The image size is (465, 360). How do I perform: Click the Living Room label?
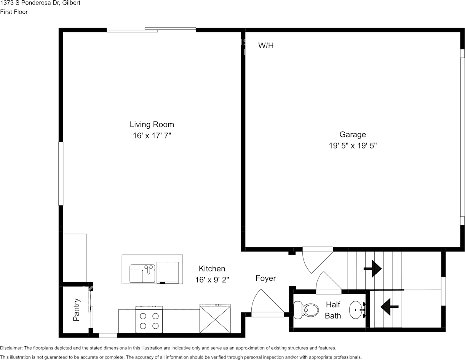pyautogui.click(x=152, y=124)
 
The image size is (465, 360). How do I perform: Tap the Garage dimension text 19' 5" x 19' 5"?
pyautogui.click(x=353, y=146)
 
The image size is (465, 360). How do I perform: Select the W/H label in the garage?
pyautogui.click(x=266, y=46)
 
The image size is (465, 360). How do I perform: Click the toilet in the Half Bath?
pyautogui.click(x=306, y=309)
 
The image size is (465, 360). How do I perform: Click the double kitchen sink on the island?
pyautogui.click(x=142, y=274)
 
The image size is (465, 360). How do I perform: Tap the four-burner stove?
pyautogui.click(x=149, y=319)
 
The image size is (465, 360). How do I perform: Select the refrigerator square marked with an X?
pyautogui.click(x=215, y=319)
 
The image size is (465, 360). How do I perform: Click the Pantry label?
pyautogui.click(x=76, y=309)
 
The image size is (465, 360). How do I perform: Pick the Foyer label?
pyautogui.click(x=265, y=278)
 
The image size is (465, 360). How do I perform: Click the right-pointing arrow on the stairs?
pyautogui.click(x=372, y=269)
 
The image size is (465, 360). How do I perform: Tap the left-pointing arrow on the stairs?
pyautogui.click(x=389, y=307)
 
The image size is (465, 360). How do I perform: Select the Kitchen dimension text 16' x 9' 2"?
pyautogui.click(x=212, y=280)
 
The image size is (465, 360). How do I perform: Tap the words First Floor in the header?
pyautogui.click(x=14, y=12)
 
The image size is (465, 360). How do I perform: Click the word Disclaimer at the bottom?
pyautogui.click(x=11, y=348)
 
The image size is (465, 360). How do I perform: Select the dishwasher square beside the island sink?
pyautogui.click(x=168, y=272)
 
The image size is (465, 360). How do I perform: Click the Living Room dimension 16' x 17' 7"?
pyautogui.click(x=152, y=135)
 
